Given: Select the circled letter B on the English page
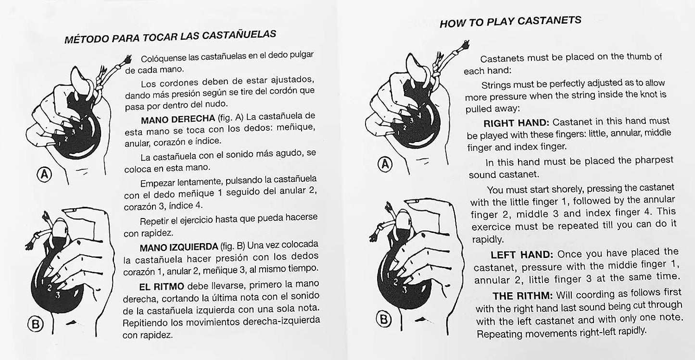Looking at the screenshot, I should click(383, 319).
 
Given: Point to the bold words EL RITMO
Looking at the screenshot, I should click(162, 286).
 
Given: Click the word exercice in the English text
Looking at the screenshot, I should click(491, 226).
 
